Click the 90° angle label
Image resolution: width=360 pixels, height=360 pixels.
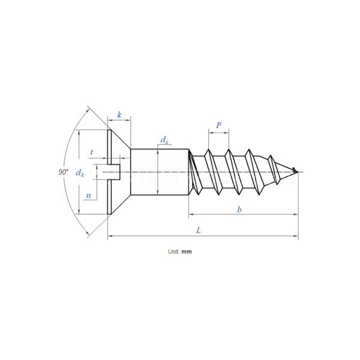pos(62,172)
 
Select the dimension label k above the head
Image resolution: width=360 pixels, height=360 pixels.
pos(119,115)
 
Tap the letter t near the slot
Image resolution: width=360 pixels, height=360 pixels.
pos(91,152)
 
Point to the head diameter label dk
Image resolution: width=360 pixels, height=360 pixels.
pos(81,173)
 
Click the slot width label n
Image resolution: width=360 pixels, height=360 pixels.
pos(88,196)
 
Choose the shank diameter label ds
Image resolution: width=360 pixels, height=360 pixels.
pos(164,140)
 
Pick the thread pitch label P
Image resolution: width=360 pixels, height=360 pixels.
pos(218,125)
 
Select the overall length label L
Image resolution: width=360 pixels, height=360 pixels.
pos(199,230)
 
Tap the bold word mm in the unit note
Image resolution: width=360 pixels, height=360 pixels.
pos(187,252)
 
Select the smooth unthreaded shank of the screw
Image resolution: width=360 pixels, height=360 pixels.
pos(160,173)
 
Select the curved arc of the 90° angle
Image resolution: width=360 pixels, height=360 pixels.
pos(70,144)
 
